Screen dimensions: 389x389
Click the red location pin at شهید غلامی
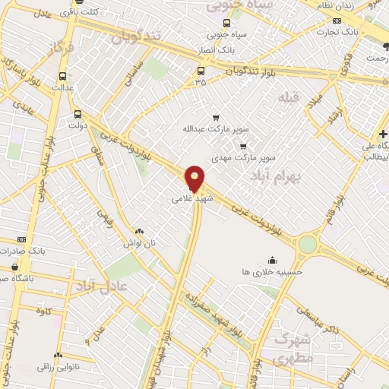click(x=195, y=179)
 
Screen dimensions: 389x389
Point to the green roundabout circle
click(x=307, y=244)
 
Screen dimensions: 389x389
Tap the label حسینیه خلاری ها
click(x=272, y=271)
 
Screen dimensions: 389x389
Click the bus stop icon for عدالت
click(x=62, y=75)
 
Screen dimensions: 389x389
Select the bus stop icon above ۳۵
click(x=201, y=71)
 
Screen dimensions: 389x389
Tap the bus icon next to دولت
click(x=77, y=115)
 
